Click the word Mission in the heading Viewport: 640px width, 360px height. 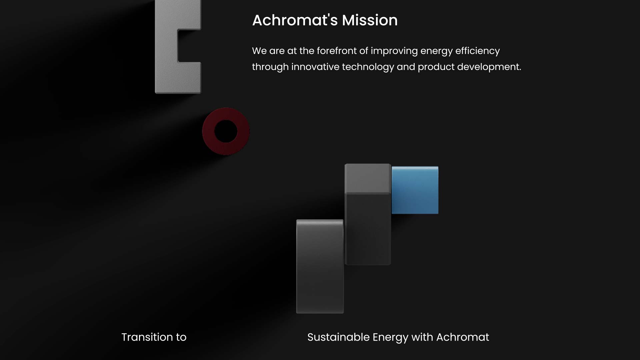pyautogui.click(x=370, y=20)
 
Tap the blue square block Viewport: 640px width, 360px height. pyautogui.click(x=415, y=190)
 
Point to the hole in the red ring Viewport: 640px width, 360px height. pyautogui.click(x=226, y=131)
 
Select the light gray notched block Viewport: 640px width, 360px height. pyautogui.click(x=166, y=47)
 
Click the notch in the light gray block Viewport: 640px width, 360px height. pyautogui.click(x=189, y=46)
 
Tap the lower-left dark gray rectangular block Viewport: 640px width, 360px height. pyautogui.click(x=320, y=266)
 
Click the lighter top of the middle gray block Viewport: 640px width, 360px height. pyautogui.click(x=368, y=178)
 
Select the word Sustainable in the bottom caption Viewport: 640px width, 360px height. pyautogui.click(x=338, y=337)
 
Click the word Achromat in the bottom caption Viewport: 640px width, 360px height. pyautogui.click(x=463, y=337)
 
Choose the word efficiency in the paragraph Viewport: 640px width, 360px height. pyautogui.click(x=477, y=51)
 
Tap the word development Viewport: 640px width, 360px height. pyautogui.click(x=489, y=67)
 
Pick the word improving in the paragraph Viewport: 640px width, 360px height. pyautogui.click(x=394, y=51)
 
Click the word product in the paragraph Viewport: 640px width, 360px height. pyautogui.click(x=436, y=67)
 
